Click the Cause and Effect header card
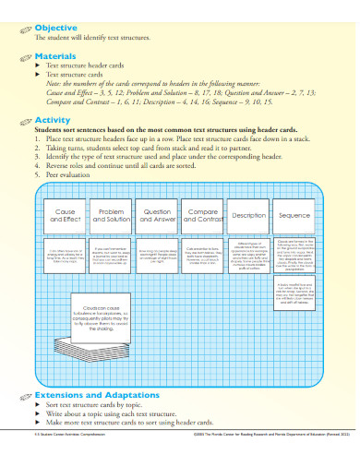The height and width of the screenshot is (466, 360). click(66, 215)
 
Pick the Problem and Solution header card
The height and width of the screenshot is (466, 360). click(112, 215)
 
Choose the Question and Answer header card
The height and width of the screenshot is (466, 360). click(157, 215)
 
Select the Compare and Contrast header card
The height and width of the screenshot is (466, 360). click(202, 215)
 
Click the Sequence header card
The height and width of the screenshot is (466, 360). click(294, 215)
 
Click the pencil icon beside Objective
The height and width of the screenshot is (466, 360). click(24, 29)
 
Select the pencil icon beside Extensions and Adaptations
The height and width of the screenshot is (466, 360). click(24, 395)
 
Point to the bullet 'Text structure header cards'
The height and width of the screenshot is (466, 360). click(92, 66)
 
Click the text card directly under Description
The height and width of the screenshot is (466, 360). click(248, 252)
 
